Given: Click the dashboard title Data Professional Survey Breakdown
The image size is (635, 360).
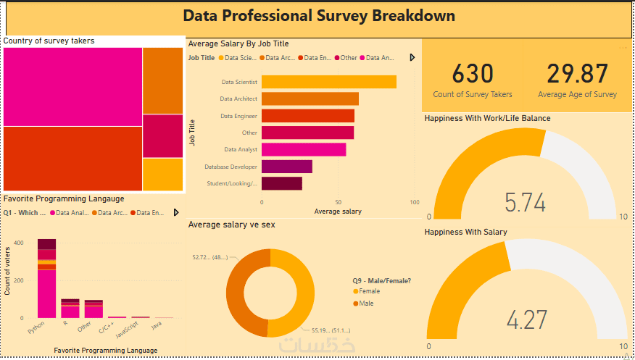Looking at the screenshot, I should click(319, 16).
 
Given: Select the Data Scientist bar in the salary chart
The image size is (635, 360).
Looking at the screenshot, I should click(328, 82).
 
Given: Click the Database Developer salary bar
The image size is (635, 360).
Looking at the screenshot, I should click(286, 167).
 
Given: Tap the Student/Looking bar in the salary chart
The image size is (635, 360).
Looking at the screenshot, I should click(281, 183).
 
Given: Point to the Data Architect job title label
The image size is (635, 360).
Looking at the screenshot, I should click(238, 99).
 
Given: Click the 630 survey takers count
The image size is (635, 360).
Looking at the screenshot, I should click(473, 74).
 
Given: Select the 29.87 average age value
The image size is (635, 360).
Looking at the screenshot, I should click(577, 74).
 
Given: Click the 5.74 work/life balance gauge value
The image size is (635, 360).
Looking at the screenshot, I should click(525, 203).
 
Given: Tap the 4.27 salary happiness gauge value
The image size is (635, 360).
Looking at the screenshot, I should click(525, 320).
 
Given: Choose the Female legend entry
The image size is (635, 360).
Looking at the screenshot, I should click(369, 291).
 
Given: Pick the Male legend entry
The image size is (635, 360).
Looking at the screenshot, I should click(366, 304).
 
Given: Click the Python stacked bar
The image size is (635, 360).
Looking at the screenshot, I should click(46, 279).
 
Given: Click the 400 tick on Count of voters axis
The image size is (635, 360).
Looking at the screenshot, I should click(18, 243).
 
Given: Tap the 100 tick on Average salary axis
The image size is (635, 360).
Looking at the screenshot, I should click(415, 203).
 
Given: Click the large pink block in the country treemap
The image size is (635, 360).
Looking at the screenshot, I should click(72, 87).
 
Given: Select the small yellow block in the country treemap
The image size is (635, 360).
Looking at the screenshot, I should click(162, 174).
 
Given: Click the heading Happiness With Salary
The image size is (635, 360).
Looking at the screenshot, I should click(465, 232).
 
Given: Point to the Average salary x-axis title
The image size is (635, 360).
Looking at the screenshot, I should click(338, 212).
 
